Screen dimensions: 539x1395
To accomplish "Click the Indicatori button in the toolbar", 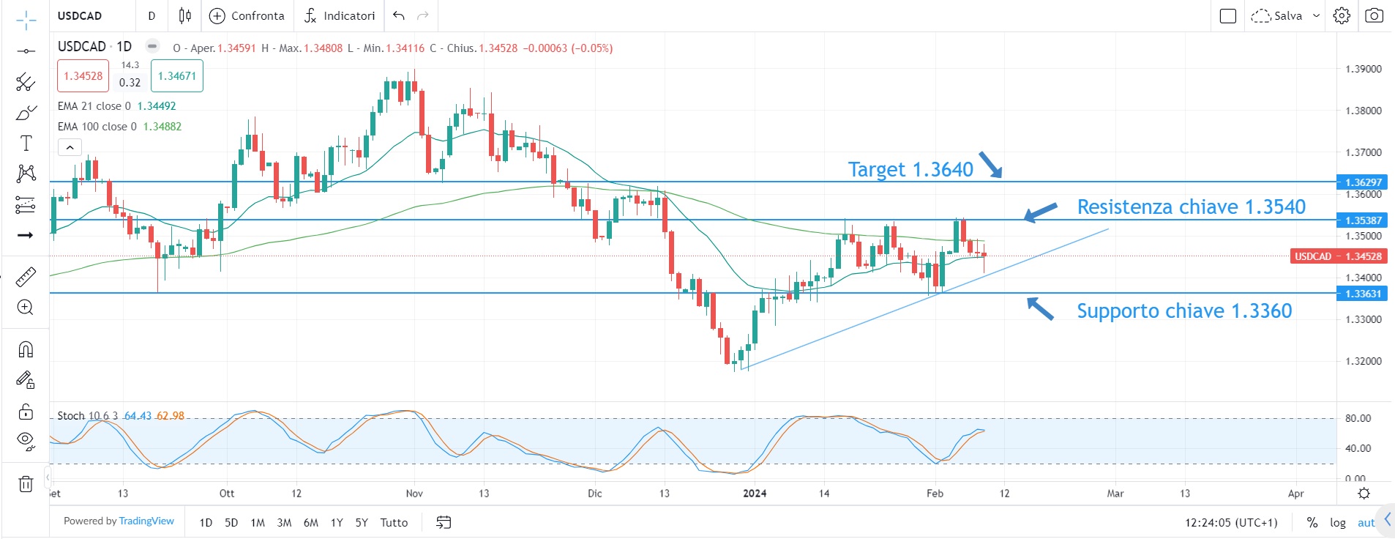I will click(340, 15).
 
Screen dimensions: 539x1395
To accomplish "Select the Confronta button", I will click(247, 15).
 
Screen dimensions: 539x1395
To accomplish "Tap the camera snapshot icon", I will click(1374, 15).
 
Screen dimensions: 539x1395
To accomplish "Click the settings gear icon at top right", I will click(1341, 15).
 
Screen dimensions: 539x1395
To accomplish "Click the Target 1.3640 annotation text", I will click(910, 170).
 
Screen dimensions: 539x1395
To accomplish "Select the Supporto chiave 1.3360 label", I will click(1183, 311).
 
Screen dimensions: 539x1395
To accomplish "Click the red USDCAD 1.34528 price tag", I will click(1338, 256).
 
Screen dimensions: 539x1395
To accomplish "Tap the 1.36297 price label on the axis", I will click(1363, 182).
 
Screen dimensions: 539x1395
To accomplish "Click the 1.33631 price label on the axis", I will click(1363, 294).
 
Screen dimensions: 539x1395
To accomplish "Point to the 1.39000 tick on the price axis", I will click(1363, 69).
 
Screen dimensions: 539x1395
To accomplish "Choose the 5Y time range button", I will click(362, 522).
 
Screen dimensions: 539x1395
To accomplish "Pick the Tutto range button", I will click(394, 522).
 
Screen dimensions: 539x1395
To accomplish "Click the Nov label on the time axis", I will click(414, 494).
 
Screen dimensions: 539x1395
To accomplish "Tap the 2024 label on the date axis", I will click(755, 494).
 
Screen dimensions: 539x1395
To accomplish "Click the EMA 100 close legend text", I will click(97, 127).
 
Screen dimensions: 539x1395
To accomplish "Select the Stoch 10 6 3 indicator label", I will click(87, 416).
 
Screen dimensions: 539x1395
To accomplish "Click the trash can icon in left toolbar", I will click(26, 483).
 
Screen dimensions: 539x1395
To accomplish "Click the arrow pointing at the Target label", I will click(990, 165).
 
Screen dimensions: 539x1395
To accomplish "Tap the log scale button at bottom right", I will click(1338, 522).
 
